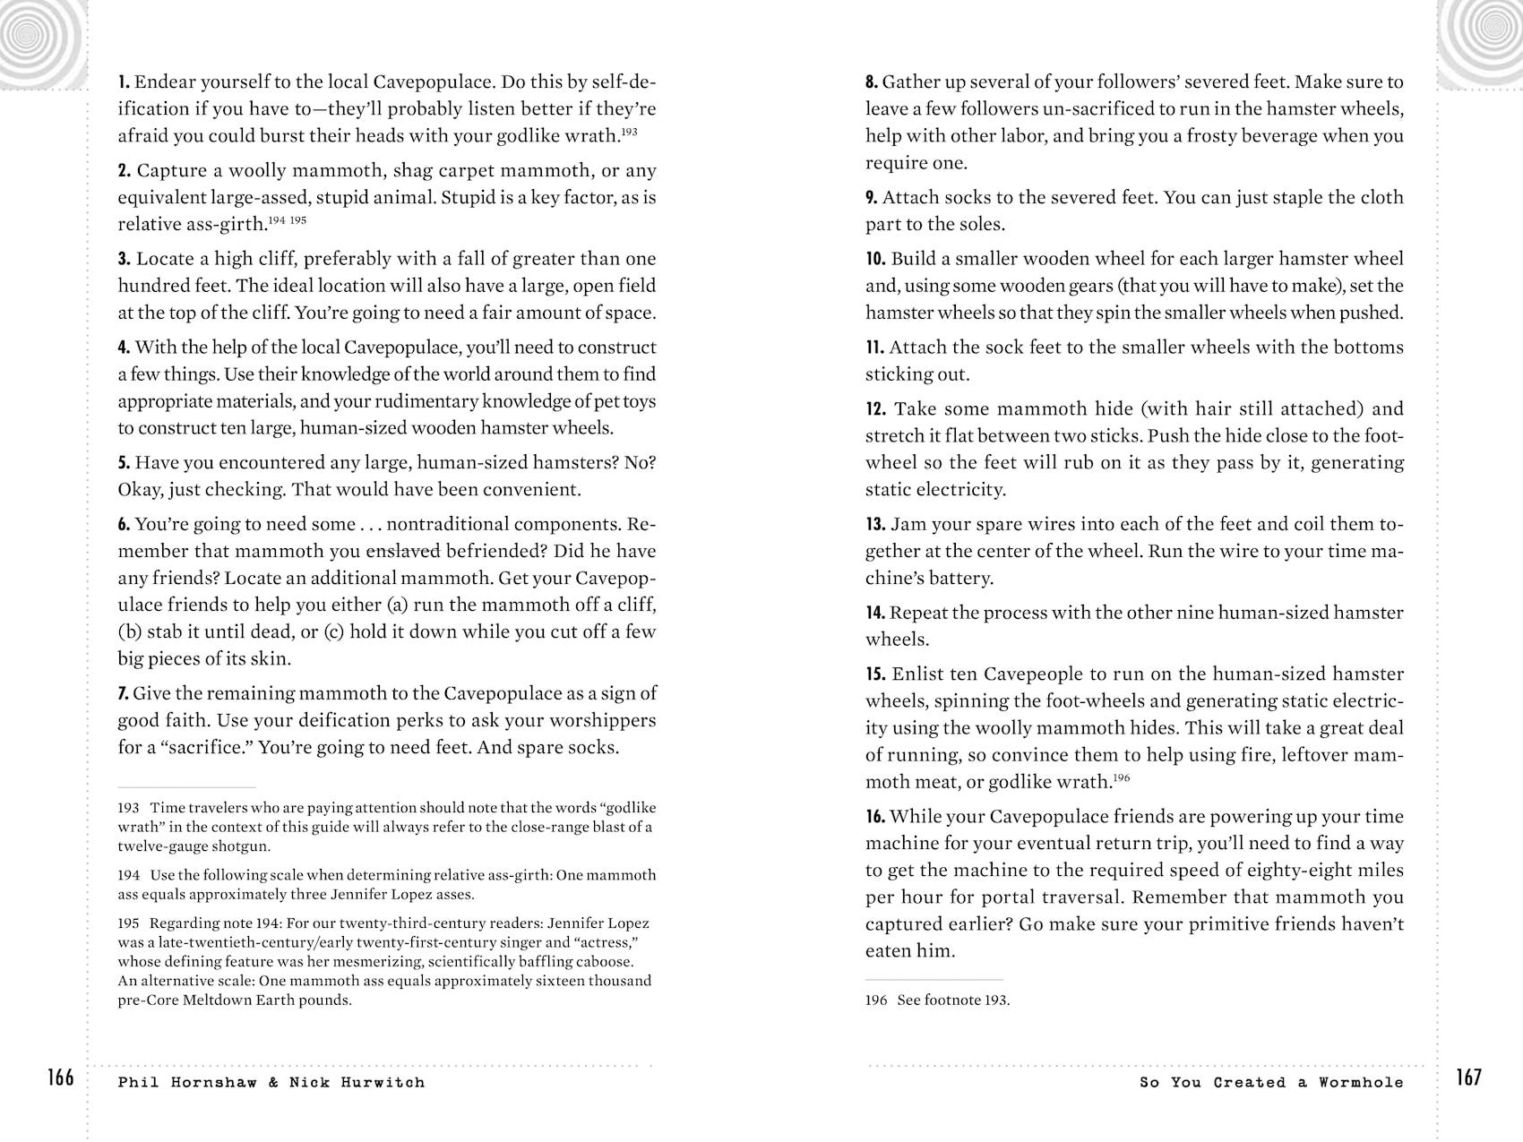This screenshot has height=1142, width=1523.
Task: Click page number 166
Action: (61, 1078)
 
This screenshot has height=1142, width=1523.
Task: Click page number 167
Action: (1468, 1078)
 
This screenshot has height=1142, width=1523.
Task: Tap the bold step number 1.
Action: (124, 82)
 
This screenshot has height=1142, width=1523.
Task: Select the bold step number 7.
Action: (124, 693)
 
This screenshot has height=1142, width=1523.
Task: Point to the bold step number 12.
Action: (875, 409)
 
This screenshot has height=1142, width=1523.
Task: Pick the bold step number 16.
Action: (875, 817)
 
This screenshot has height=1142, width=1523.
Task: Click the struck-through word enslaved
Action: (403, 551)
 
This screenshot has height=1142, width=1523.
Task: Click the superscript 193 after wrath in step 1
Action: (629, 132)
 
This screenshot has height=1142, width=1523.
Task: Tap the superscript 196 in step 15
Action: (1121, 777)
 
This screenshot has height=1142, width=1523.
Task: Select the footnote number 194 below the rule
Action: (128, 875)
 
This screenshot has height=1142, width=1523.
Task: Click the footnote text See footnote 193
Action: (953, 1000)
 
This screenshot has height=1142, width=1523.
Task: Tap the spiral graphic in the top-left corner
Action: (36, 36)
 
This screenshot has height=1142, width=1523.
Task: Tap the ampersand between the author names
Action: (273, 1083)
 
